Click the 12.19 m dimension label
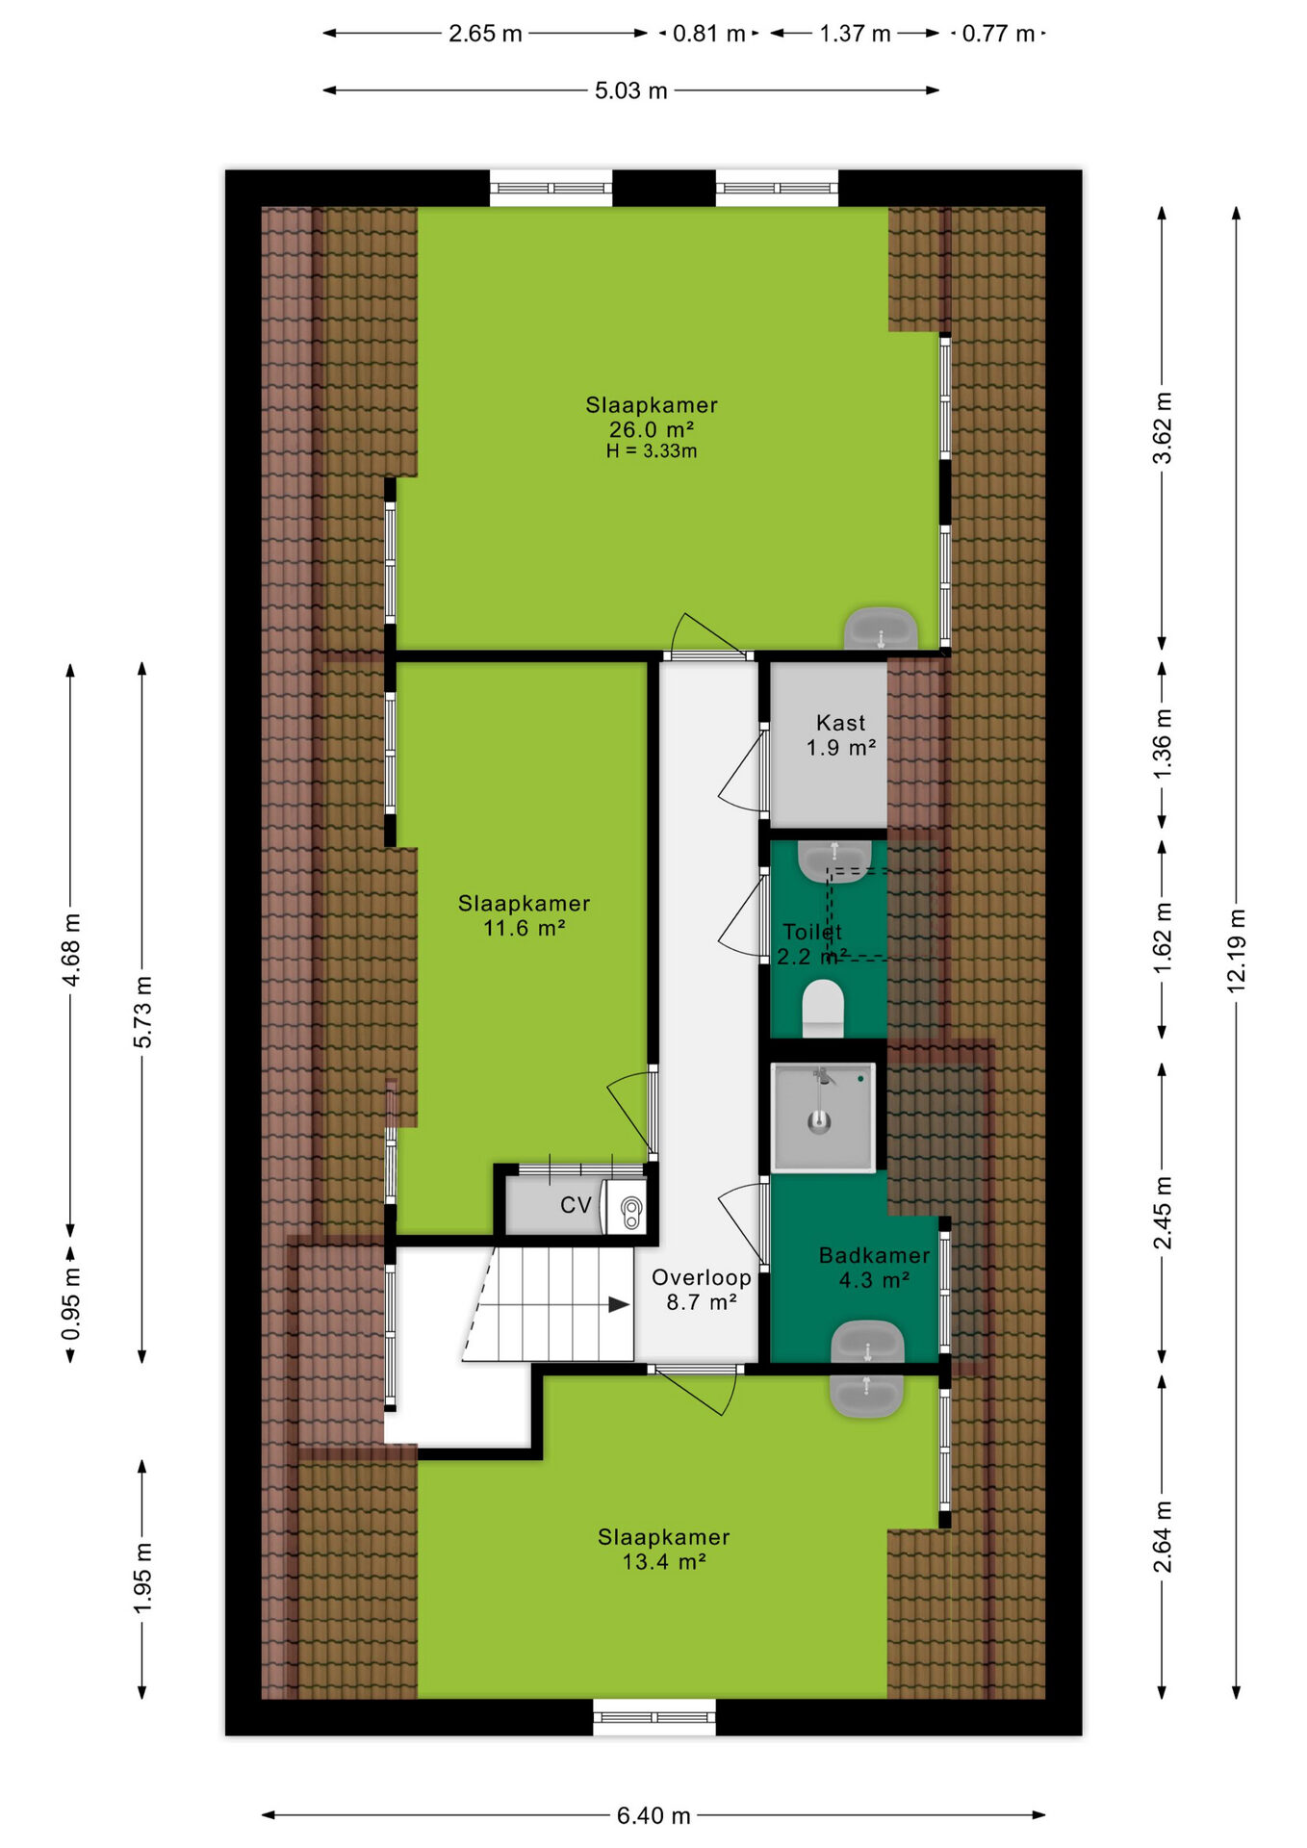[x=1236, y=950]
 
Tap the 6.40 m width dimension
[x=653, y=1815]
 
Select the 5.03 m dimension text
[x=630, y=90]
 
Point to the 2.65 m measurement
[x=485, y=34]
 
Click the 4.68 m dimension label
[x=70, y=950]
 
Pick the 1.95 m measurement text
[x=142, y=1578]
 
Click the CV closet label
[x=576, y=1205]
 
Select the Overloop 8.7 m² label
[x=701, y=1290]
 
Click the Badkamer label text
[x=874, y=1255]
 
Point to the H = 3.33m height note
[x=652, y=450]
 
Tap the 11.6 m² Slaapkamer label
[x=524, y=915]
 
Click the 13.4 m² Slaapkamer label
[x=663, y=1549]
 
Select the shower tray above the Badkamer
[x=823, y=1117]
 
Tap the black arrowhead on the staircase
[x=619, y=1305]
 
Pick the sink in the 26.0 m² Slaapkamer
[x=880, y=629]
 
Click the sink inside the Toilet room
[x=834, y=860]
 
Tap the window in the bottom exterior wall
[x=653, y=1718]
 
